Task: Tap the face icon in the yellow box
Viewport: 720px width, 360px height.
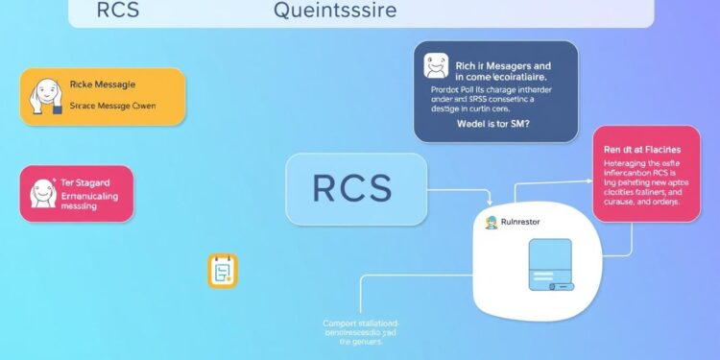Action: coord(42,97)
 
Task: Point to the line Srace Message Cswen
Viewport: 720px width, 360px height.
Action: coord(112,107)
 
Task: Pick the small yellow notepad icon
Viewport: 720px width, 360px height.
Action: coord(222,272)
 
